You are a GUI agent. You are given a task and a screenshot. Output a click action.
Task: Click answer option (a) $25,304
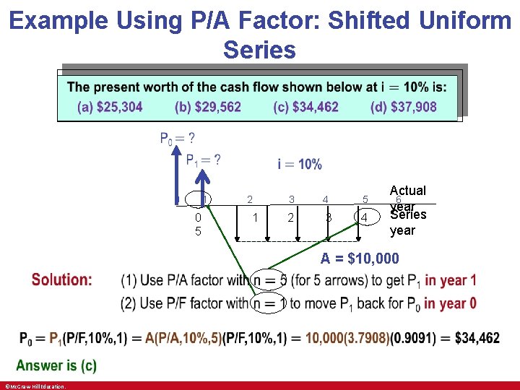click(x=110, y=107)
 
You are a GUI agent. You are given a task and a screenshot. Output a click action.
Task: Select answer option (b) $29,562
click(x=208, y=107)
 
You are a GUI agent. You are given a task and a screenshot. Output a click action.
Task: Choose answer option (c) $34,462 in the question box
click(x=305, y=107)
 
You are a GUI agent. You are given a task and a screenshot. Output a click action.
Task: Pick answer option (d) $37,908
click(x=404, y=107)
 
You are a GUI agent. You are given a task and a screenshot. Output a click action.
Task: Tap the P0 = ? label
click(x=177, y=138)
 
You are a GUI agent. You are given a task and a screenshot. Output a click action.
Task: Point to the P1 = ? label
click(x=204, y=160)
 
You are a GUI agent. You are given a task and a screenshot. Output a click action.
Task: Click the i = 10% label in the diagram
click(x=300, y=165)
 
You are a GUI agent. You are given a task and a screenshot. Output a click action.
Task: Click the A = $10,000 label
click(x=360, y=259)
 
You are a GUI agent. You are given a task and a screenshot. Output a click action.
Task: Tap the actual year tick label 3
click(x=292, y=199)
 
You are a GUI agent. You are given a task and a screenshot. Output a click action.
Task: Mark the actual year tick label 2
click(x=250, y=199)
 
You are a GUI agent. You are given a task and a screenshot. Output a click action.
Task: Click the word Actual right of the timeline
click(x=408, y=191)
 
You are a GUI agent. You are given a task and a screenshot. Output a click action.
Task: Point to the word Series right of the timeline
click(x=408, y=215)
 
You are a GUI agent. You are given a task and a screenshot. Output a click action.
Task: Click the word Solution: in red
click(x=62, y=279)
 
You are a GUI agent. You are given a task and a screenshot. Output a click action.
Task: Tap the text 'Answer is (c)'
click(x=56, y=365)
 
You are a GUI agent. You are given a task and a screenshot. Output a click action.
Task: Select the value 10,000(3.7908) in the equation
click(x=347, y=337)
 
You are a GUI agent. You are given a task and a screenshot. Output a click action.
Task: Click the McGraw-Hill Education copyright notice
click(x=35, y=386)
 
